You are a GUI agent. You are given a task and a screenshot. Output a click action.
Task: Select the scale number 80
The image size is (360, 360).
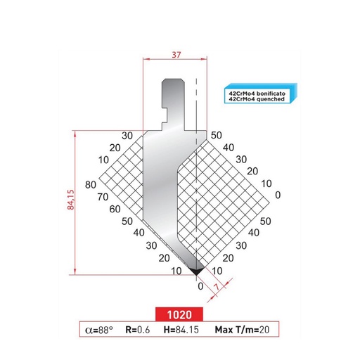[90, 184]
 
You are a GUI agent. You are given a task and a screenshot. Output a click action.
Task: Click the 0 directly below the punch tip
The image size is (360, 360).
[200, 286]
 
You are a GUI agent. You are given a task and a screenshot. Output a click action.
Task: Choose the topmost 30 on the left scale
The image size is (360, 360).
[127, 135]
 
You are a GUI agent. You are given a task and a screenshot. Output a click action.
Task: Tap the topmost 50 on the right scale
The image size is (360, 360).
[215, 135]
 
